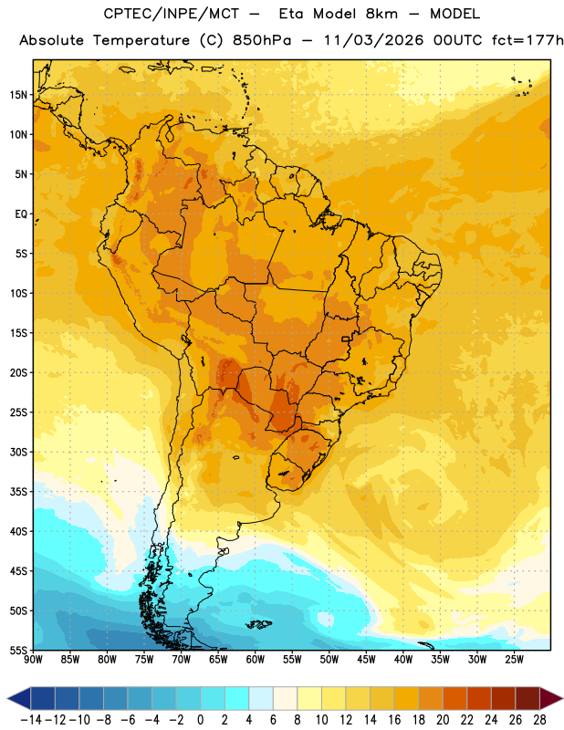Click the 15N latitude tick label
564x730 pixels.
[18, 95]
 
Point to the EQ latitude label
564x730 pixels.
[21, 214]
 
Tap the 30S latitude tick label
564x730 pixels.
[18, 452]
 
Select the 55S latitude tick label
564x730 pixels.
[18, 651]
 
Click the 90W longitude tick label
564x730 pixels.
[33, 660]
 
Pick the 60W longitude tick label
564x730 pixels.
[256, 660]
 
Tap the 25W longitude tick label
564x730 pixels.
[515, 660]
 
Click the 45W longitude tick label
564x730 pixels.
[367, 660]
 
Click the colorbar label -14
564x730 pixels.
[31, 720]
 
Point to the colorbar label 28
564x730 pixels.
[539, 720]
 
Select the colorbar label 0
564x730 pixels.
[200, 720]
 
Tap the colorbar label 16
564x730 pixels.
[394, 720]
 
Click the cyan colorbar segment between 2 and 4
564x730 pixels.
[237, 698]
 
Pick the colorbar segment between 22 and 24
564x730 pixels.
[479, 698]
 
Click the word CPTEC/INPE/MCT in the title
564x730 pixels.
[172, 14]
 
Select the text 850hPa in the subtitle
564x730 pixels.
[262, 40]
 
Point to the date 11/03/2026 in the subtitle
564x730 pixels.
[373, 40]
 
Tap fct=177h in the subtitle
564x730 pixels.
[527, 40]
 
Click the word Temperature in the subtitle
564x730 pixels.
[141, 41]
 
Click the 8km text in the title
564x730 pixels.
[381, 14]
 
